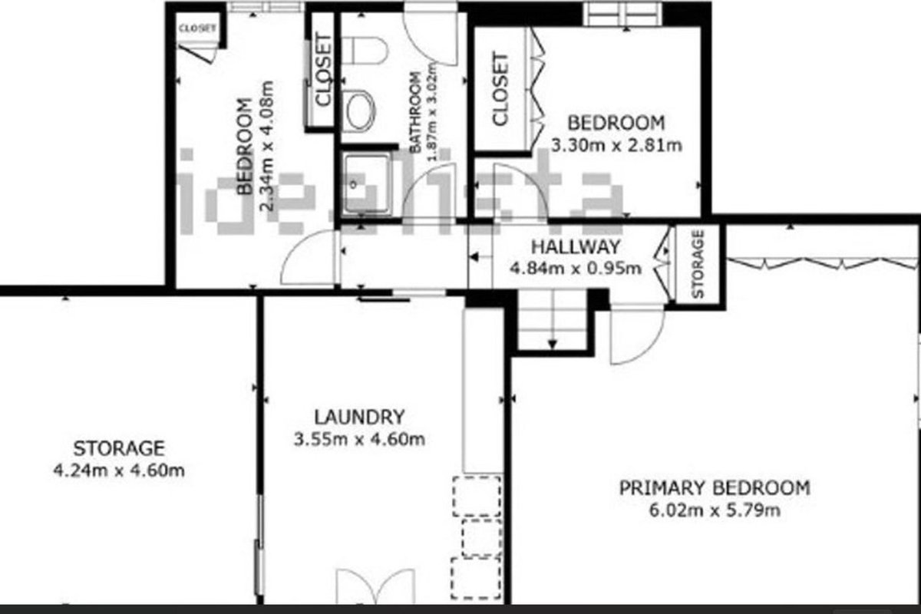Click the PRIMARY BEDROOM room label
tap(715, 488)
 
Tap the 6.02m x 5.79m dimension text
tap(715, 511)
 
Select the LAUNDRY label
tap(360, 418)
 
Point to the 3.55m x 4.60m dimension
tap(359, 440)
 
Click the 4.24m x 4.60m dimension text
tap(119, 470)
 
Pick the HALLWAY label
tap(576, 247)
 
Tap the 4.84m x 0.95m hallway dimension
tap(576, 269)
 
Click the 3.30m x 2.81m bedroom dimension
tap(616, 146)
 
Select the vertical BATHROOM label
tap(416, 112)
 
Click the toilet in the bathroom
tap(365, 51)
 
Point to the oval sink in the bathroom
tap(361, 111)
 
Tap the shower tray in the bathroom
tap(367, 184)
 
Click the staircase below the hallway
tap(552, 320)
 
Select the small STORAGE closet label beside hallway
tap(698, 264)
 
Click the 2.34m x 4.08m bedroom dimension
tap(267, 147)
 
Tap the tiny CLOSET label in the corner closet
tap(197, 28)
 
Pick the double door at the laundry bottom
tap(375, 586)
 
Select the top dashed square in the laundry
tap(477, 497)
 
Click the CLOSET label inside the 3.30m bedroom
tap(500, 89)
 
